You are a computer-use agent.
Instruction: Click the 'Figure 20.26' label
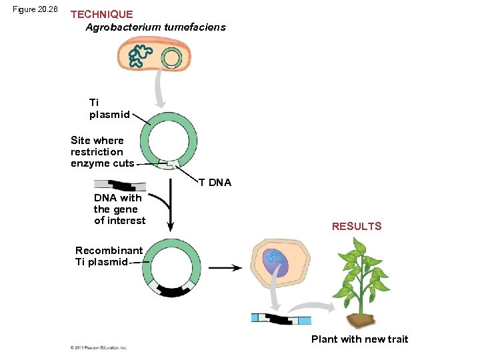[35, 9]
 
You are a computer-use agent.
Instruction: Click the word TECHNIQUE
[101, 14]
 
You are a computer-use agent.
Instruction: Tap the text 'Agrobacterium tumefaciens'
[155, 27]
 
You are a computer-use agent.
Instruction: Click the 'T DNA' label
[215, 183]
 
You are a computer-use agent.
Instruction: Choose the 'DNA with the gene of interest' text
[119, 209]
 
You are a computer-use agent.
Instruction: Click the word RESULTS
[357, 227]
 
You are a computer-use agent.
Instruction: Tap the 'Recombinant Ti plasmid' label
[109, 256]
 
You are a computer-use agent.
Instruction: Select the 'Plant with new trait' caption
[359, 339]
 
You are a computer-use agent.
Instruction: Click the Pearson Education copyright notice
[99, 347]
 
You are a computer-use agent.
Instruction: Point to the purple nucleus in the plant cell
[275, 262]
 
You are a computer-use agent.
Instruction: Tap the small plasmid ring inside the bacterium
[171, 58]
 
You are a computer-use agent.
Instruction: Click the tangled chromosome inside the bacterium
[139, 57]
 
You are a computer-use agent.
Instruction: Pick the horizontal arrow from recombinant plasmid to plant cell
[226, 268]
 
